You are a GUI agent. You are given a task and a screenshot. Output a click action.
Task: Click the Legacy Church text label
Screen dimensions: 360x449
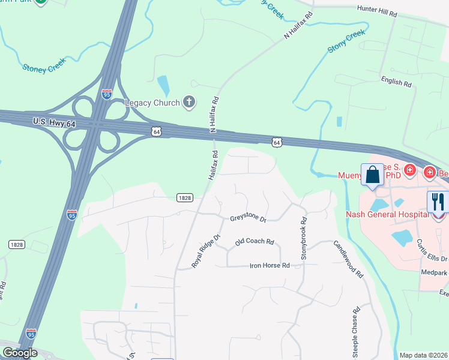[x=152, y=103]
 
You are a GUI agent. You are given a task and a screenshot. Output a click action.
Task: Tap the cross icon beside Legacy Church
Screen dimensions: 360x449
[x=190, y=102]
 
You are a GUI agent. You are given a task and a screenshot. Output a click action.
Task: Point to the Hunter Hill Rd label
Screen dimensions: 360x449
[x=377, y=11]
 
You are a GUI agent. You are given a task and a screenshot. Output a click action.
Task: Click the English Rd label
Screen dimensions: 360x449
[x=396, y=82]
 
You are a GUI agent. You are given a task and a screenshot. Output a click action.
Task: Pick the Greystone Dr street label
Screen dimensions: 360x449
[x=248, y=218]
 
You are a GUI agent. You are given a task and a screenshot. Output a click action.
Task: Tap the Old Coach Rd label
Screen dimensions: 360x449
[x=255, y=242]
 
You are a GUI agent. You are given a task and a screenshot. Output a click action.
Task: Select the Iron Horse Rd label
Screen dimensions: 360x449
[x=270, y=265]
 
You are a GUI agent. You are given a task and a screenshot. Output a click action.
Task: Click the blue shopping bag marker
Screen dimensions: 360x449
[x=372, y=175]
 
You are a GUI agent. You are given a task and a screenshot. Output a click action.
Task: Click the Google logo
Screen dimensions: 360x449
[x=19, y=353]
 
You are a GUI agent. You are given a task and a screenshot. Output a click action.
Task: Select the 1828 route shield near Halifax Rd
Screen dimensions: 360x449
[x=184, y=197]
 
